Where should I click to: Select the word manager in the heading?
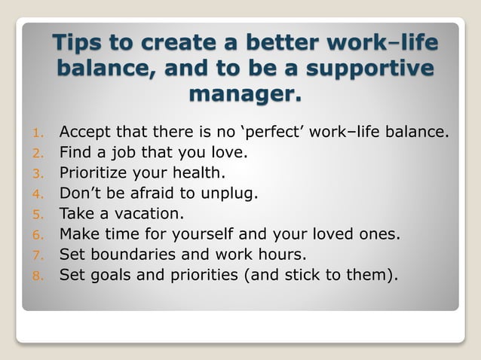tap(244, 95)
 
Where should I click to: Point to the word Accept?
tap(86, 133)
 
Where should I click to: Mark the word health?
tap(198, 172)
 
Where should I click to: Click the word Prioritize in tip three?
tap(97, 172)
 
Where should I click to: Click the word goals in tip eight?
tap(109, 272)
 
